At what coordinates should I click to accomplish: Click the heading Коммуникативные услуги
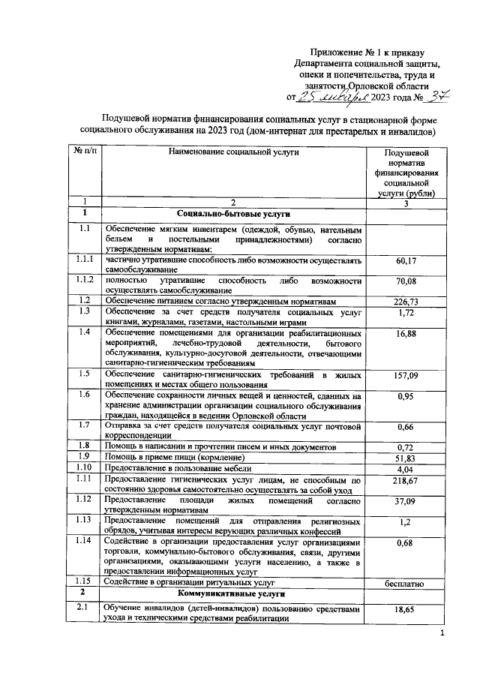[x=233, y=593]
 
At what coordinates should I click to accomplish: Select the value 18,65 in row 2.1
[x=405, y=612]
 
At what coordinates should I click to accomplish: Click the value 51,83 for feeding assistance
[x=405, y=457]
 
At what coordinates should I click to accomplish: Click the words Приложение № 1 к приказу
[x=368, y=53]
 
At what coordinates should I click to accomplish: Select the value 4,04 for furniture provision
[x=405, y=467]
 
